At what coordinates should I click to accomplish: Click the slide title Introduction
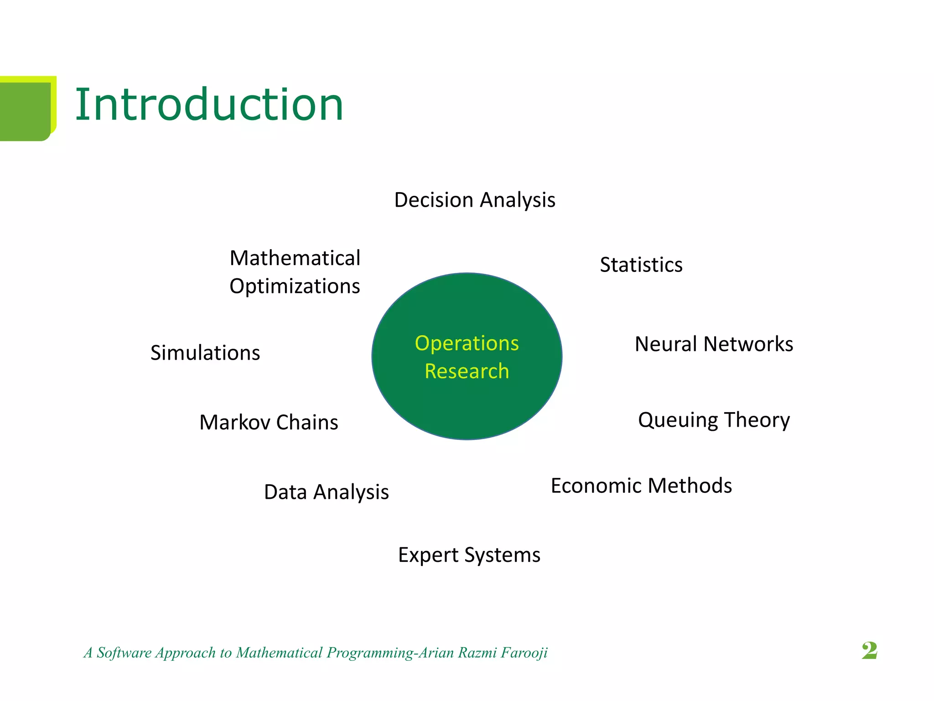(x=209, y=105)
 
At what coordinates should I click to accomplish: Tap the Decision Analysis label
(x=475, y=200)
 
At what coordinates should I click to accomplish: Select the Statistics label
(x=641, y=265)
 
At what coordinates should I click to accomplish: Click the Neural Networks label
(x=714, y=344)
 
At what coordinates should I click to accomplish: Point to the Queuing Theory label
(x=714, y=420)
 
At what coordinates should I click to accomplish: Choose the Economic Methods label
(x=641, y=486)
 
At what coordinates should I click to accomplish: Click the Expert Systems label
(x=469, y=555)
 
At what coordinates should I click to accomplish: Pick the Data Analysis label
(x=327, y=492)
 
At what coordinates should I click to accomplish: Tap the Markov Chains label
(x=269, y=422)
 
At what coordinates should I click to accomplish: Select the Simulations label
(x=205, y=353)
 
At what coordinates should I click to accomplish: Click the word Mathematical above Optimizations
(x=295, y=258)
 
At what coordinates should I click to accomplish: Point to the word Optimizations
(x=295, y=287)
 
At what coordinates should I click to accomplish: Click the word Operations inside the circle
(x=467, y=343)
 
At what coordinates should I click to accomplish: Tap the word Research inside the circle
(x=467, y=371)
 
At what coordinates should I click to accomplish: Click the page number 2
(x=869, y=650)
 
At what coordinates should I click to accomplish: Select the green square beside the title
(x=26, y=110)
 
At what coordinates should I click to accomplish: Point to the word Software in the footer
(x=124, y=653)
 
